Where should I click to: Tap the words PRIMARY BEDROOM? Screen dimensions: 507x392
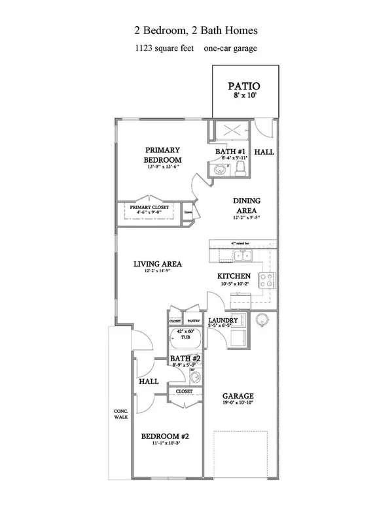coord(162,154)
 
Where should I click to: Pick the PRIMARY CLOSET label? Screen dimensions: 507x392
coord(149,207)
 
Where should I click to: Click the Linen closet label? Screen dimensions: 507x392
coord(188,213)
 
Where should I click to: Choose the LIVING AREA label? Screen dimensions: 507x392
coord(157,264)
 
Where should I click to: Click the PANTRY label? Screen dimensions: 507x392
coord(194,321)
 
